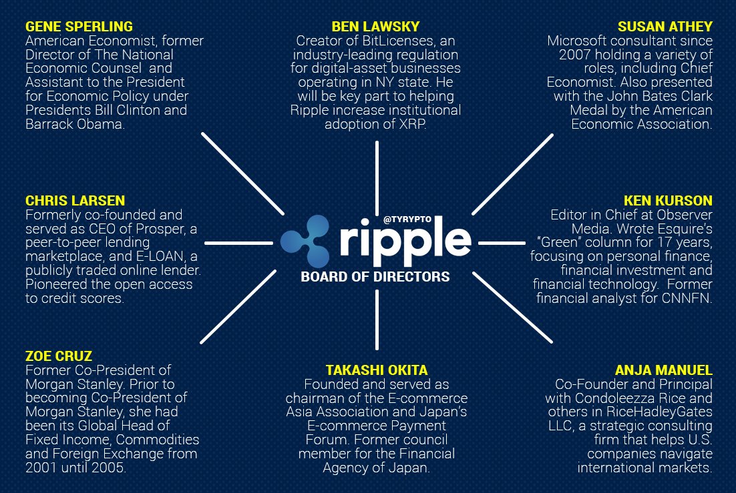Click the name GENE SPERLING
point(79,27)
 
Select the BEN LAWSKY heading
point(375,27)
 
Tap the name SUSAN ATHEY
point(665,27)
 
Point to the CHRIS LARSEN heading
point(75,201)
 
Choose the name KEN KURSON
point(668,201)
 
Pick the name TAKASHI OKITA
point(376,370)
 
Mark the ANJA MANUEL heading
point(663,370)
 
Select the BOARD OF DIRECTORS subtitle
point(375,276)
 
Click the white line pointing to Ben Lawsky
point(377,170)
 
